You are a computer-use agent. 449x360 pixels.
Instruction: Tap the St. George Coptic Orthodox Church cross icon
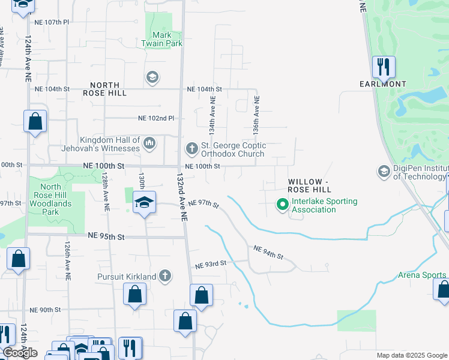[x=191, y=148]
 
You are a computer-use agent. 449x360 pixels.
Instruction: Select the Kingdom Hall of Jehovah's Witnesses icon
[x=149, y=143]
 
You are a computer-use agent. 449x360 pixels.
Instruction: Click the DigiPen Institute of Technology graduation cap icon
[x=383, y=172]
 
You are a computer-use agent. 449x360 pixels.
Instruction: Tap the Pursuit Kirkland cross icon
[x=164, y=277]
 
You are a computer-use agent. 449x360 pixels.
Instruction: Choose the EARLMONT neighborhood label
[x=383, y=84]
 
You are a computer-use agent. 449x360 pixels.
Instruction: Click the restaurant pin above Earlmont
[x=384, y=66]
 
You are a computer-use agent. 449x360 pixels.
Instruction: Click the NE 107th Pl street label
[x=52, y=22]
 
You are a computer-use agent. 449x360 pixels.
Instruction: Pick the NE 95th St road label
[x=105, y=237]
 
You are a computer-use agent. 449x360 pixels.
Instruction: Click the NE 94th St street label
[x=268, y=252]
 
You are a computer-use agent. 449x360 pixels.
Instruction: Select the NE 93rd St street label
[x=210, y=263]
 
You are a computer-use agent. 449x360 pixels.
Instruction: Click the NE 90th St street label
[x=46, y=310]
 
